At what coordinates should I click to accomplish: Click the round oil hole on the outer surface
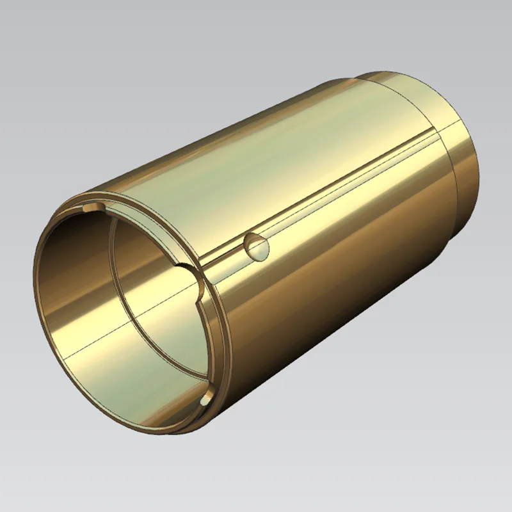click(257, 245)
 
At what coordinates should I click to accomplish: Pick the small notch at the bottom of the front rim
click(206, 399)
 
